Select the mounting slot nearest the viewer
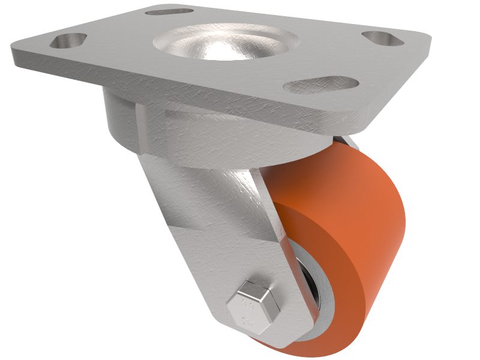point(312,85)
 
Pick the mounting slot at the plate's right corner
point(384,37)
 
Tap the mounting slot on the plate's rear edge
point(170,11)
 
